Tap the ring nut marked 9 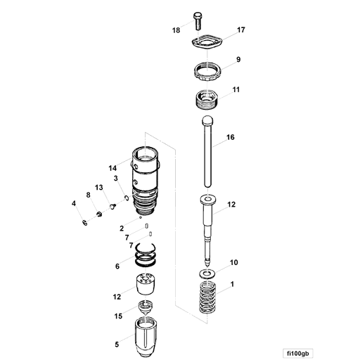click(207, 71)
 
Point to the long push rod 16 click(207, 155)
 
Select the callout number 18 click(176, 30)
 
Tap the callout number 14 click(112, 167)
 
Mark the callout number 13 click(99, 187)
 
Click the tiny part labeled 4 click(84, 223)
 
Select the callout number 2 click(122, 229)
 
